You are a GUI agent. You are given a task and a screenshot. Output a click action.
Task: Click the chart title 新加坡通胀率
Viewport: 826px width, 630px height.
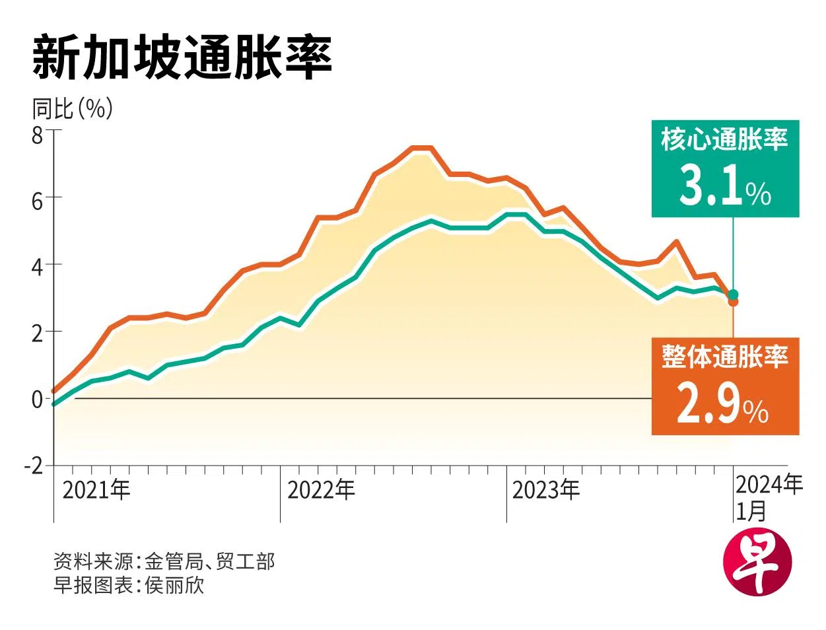point(182,59)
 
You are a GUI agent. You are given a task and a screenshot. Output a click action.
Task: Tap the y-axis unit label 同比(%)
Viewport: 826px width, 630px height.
point(73,108)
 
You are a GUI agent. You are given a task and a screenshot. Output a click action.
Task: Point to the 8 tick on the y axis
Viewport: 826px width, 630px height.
point(37,135)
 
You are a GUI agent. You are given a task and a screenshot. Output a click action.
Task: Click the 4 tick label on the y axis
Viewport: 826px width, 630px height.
point(37,267)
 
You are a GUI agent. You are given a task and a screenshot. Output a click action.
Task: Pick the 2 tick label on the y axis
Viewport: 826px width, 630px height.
point(37,333)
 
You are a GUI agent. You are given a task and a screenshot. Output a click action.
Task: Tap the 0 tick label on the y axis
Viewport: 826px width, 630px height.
point(37,400)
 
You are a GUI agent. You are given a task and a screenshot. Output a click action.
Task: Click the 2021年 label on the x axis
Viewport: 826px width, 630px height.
point(96,489)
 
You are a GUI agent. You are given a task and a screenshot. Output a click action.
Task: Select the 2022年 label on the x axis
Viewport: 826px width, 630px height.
point(322,489)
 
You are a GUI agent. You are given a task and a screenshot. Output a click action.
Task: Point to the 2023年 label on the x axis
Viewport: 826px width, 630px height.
point(546,489)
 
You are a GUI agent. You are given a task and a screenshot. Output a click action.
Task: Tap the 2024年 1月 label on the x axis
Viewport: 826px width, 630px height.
point(769,497)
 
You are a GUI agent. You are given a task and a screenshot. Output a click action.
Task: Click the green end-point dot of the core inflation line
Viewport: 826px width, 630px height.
point(733,294)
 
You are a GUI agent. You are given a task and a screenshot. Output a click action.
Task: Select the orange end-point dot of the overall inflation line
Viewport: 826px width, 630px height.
point(733,302)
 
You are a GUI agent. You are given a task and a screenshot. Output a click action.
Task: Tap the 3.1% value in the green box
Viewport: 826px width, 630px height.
point(725,187)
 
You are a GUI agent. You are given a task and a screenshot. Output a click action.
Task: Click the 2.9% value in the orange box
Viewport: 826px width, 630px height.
point(723,405)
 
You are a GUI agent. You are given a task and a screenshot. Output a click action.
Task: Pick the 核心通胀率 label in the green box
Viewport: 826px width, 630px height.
point(725,140)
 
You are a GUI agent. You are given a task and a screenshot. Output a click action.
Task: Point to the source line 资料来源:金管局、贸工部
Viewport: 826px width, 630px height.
point(164,561)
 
